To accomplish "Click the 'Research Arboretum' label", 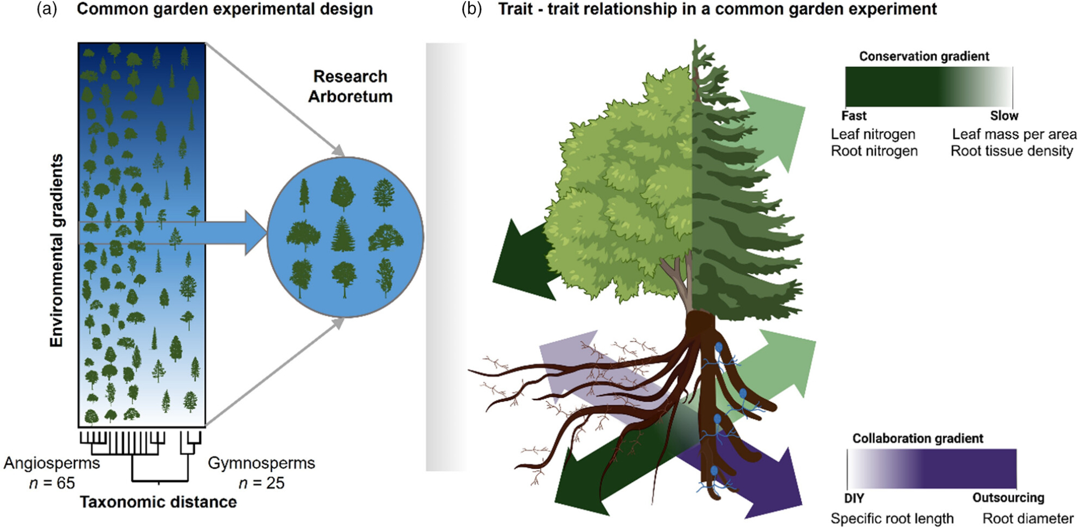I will [350, 86].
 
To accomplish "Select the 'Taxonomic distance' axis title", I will [159, 502].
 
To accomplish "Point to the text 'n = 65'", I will [52, 483].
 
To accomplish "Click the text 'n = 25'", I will [261, 483].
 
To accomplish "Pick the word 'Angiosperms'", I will [52, 463].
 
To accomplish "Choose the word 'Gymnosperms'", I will [261, 463].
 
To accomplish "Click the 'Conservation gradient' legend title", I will [924, 56].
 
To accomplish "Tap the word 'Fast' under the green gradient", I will [853, 116].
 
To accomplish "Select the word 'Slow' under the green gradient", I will [1004, 116].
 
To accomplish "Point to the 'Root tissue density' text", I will [1012, 151].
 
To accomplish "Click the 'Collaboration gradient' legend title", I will [917, 438].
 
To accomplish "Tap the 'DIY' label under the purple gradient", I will [854, 498].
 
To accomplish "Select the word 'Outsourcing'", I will [1008, 498].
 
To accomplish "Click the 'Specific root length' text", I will [892, 518].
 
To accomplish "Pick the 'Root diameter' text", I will [1028, 518].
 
